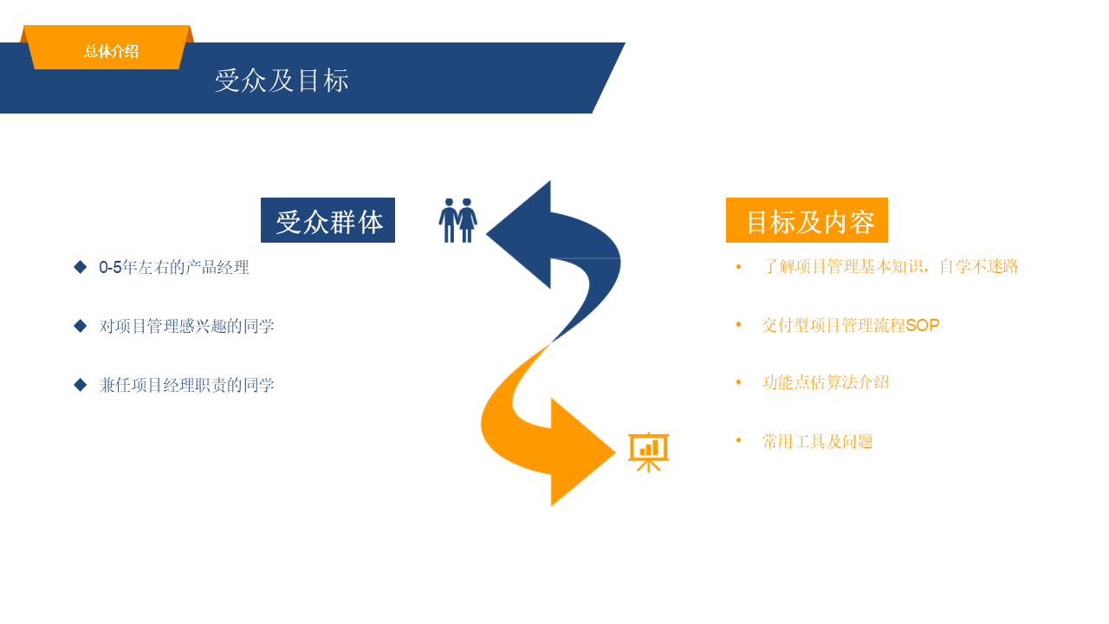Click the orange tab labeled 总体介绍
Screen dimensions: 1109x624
(x=110, y=51)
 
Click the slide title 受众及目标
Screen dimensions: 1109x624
(x=282, y=81)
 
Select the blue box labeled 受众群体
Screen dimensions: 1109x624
(x=328, y=221)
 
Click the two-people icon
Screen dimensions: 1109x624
(x=457, y=220)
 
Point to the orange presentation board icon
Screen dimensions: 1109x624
(x=648, y=452)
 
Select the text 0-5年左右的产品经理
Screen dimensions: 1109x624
(x=174, y=268)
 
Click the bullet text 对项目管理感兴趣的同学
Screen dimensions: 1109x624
(x=186, y=327)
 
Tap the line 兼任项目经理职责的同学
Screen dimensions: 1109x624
(x=186, y=386)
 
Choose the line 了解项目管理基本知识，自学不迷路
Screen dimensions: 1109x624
(x=890, y=267)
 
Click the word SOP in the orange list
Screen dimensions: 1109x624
(x=923, y=326)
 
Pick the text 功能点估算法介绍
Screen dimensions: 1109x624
(x=825, y=382)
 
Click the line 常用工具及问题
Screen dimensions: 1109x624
(x=817, y=442)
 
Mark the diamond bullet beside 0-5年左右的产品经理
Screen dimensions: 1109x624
(x=81, y=267)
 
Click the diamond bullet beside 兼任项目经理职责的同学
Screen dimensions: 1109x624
(x=81, y=385)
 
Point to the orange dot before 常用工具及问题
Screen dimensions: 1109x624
(x=738, y=441)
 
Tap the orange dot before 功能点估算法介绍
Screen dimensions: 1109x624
(x=738, y=382)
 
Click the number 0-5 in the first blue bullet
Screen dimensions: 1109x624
(x=110, y=268)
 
